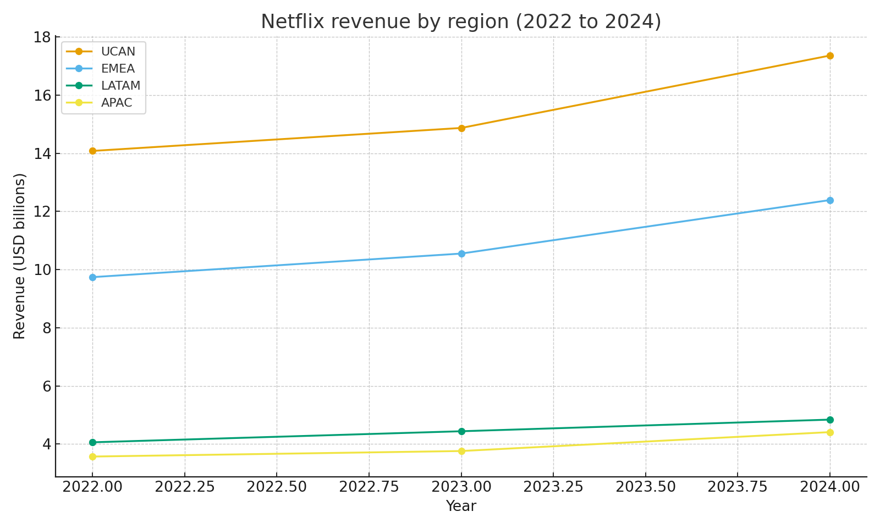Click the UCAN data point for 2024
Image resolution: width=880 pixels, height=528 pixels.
(x=829, y=56)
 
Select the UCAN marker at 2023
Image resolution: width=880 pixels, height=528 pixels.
(x=461, y=128)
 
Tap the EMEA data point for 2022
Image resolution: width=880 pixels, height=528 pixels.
(x=92, y=277)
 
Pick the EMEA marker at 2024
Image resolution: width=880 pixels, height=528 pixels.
(x=829, y=200)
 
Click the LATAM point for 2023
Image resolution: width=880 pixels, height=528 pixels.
(x=461, y=431)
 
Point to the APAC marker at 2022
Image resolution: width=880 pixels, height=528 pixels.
(x=92, y=457)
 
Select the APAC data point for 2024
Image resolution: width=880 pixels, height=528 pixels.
(x=829, y=432)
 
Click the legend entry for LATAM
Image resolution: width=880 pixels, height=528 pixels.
(x=120, y=86)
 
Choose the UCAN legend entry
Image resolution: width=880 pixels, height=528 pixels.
(x=118, y=52)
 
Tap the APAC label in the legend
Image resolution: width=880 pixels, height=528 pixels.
(x=117, y=103)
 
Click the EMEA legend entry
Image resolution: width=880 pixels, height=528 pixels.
(x=118, y=69)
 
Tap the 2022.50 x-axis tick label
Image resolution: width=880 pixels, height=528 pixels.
(x=277, y=487)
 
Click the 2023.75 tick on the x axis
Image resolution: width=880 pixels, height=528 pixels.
(x=738, y=487)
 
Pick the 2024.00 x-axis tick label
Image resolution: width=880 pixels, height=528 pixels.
(x=829, y=487)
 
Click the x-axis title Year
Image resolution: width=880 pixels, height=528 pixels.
(x=461, y=506)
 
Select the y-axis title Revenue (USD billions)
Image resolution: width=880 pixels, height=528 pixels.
(x=20, y=256)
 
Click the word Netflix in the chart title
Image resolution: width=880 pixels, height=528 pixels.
(x=288, y=22)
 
